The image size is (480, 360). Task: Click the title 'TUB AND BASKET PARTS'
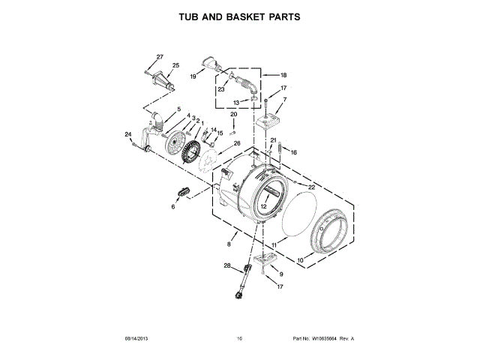(x=239, y=16)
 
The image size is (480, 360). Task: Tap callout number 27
(x=159, y=58)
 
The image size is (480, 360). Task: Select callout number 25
(x=175, y=66)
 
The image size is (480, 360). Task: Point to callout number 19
(x=193, y=76)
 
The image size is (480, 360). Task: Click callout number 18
(x=283, y=76)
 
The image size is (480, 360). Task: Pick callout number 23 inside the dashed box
(x=221, y=89)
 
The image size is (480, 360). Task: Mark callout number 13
(x=235, y=103)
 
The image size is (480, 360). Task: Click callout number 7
(x=285, y=100)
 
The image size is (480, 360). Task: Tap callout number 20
(x=233, y=114)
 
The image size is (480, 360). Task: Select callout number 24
(x=127, y=134)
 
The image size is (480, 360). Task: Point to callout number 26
(x=236, y=142)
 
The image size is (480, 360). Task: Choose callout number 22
(x=312, y=187)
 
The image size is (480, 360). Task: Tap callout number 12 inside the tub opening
(x=263, y=206)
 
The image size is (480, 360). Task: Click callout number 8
(x=229, y=244)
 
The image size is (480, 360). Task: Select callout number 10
(x=300, y=261)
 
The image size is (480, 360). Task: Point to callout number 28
(x=226, y=265)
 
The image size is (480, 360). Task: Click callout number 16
(x=294, y=152)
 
